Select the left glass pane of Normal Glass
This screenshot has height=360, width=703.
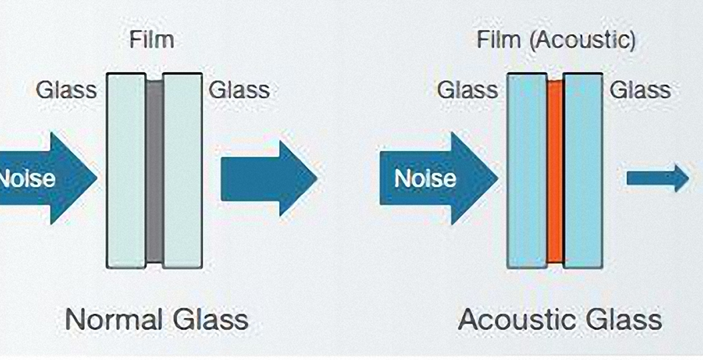click(x=126, y=170)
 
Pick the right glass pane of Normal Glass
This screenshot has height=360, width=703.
click(x=183, y=170)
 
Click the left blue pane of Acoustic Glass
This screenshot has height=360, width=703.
click(x=526, y=170)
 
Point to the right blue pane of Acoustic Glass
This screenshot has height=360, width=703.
click(x=583, y=170)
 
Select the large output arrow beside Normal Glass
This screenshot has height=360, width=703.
click(x=268, y=179)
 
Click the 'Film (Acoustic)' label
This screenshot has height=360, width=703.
click(x=556, y=40)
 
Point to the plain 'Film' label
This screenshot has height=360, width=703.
click(x=151, y=40)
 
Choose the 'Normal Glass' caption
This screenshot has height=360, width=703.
click(x=156, y=319)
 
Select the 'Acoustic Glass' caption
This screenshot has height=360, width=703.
click(x=560, y=319)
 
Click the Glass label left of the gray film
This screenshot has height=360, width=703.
click(x=66, y=90)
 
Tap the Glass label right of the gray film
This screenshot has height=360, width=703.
click(x=240, y=90)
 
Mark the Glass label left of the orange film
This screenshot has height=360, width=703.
click(x=467, y=90)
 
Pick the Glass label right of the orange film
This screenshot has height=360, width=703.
click(x=641, y=90)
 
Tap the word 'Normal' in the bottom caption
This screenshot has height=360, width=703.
click(x=113, y=319)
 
